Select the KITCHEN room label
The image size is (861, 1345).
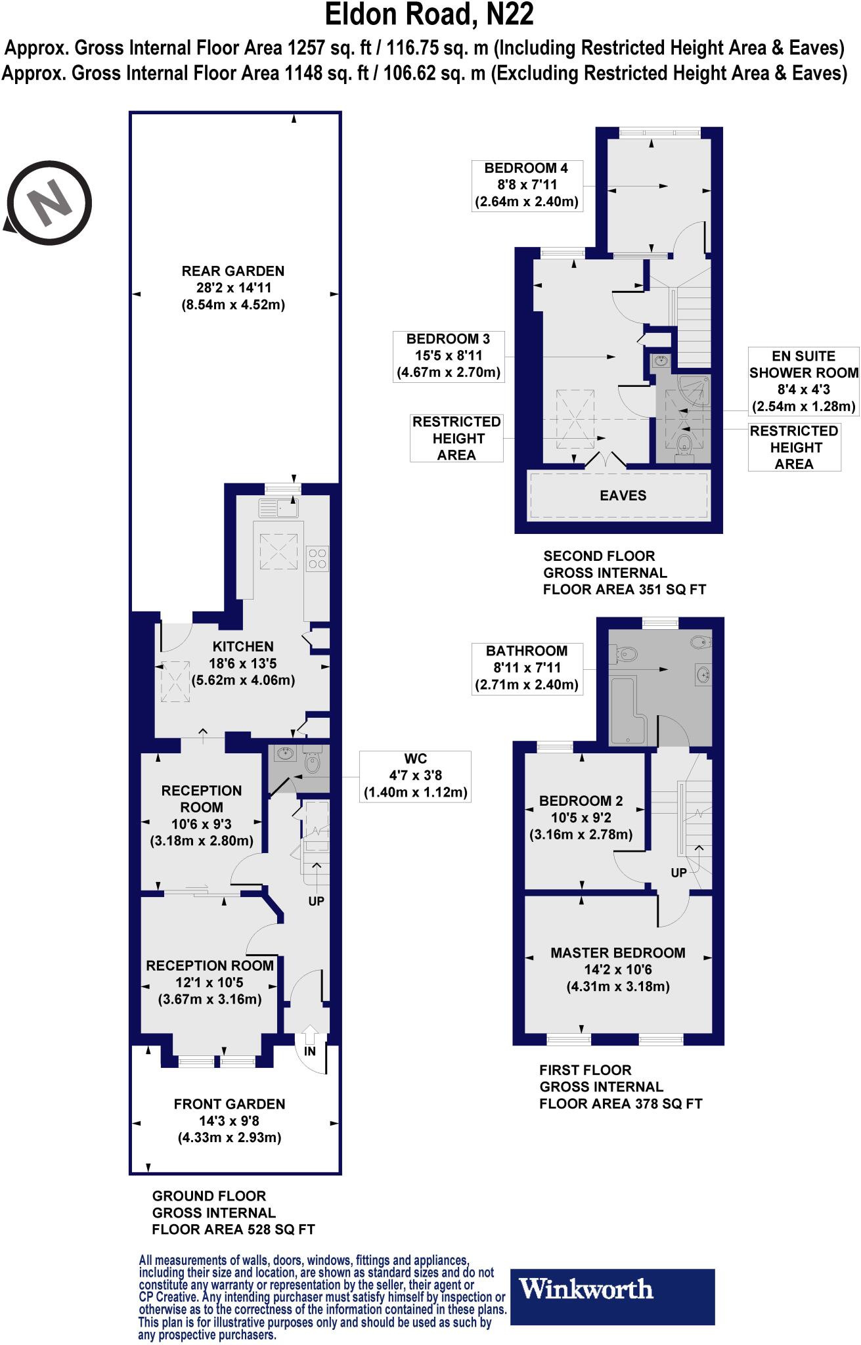pyautogui.click(x=242, y=647)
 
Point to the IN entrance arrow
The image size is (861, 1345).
pyautogui.click(x=310, y=1042)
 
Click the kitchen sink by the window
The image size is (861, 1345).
pyautogui.click(x=278, y=507)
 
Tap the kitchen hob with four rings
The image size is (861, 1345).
pyautogui.click(x=317, y=558)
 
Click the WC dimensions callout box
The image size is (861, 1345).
pyautogui.click(x=415, y=776)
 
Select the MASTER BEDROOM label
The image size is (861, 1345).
pyautogui.click(x=617, y=953)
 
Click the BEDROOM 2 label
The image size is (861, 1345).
pyautogui.click(x=581, y=801)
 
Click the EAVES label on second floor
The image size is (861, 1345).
pyautogui.click(x=623, y=496)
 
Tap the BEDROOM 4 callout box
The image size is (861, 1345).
pyautogui.click(x=526, y=185)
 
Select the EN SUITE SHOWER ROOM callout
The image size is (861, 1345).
pyautogui.click(x=803, y=381)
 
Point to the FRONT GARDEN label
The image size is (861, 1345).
pyautogui.click(x=229, y=1105)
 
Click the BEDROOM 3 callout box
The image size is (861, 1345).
pyautogui.click(x=448, y=356)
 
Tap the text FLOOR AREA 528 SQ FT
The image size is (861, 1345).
pyautogui.click(x=233, y=1229)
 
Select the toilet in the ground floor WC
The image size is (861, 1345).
pyautogui.click(x=313, y=762)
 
